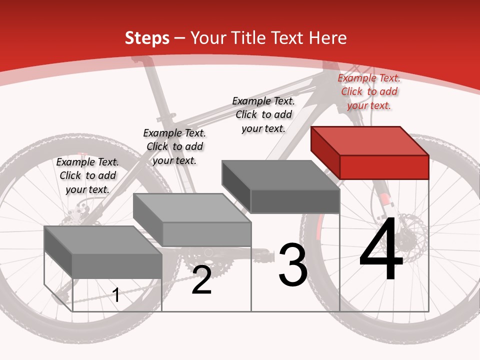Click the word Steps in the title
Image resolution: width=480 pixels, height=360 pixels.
pos(147,38)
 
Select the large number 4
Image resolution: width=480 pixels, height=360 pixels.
pos(381,250)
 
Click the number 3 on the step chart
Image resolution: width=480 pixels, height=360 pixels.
pos(293,265)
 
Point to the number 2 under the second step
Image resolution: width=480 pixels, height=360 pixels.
pos(201,280)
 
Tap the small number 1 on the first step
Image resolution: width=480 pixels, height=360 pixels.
pos(116,295)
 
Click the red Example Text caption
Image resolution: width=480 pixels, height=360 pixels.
pos(369,91)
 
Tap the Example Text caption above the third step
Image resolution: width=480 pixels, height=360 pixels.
pos(263,114)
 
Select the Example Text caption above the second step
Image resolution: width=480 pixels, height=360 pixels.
pos(174,146)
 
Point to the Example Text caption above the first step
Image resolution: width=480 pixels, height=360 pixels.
pos(87,175)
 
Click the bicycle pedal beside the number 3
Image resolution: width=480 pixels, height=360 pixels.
pos(265,255)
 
